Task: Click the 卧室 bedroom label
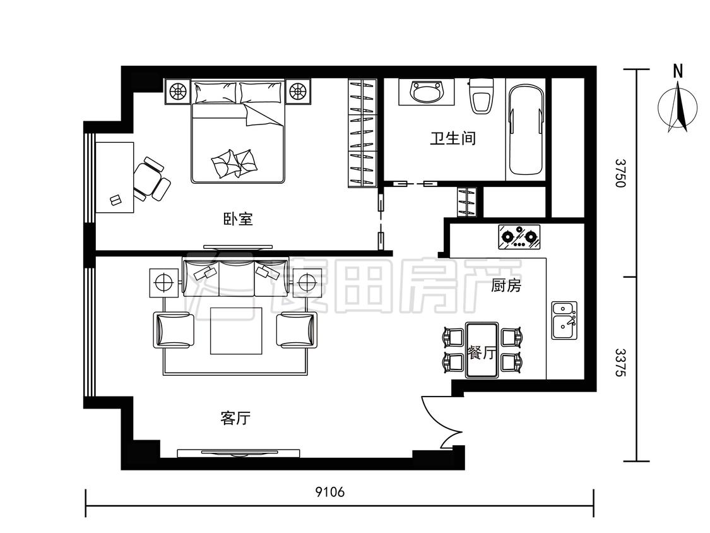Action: (238, 219)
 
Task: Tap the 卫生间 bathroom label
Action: (453, 138)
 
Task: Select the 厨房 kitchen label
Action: (506, 285)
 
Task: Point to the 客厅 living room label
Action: (235, 418)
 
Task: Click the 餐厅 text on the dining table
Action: (482, 352)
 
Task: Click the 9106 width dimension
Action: (330, 492)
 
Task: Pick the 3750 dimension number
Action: (620, 172)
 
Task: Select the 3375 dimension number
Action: (620, 362)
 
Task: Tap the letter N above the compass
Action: (678, 71)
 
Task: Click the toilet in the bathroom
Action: (480, 96)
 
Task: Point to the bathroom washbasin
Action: (425, 92)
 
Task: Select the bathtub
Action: (526, 130)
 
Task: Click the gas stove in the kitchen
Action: (519, 237)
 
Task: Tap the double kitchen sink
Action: (564, 320)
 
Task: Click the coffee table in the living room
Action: (236, 330)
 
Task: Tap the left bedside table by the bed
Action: (177, 92)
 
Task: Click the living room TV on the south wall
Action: (238, 453)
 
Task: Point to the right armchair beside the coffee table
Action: (297, 330)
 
